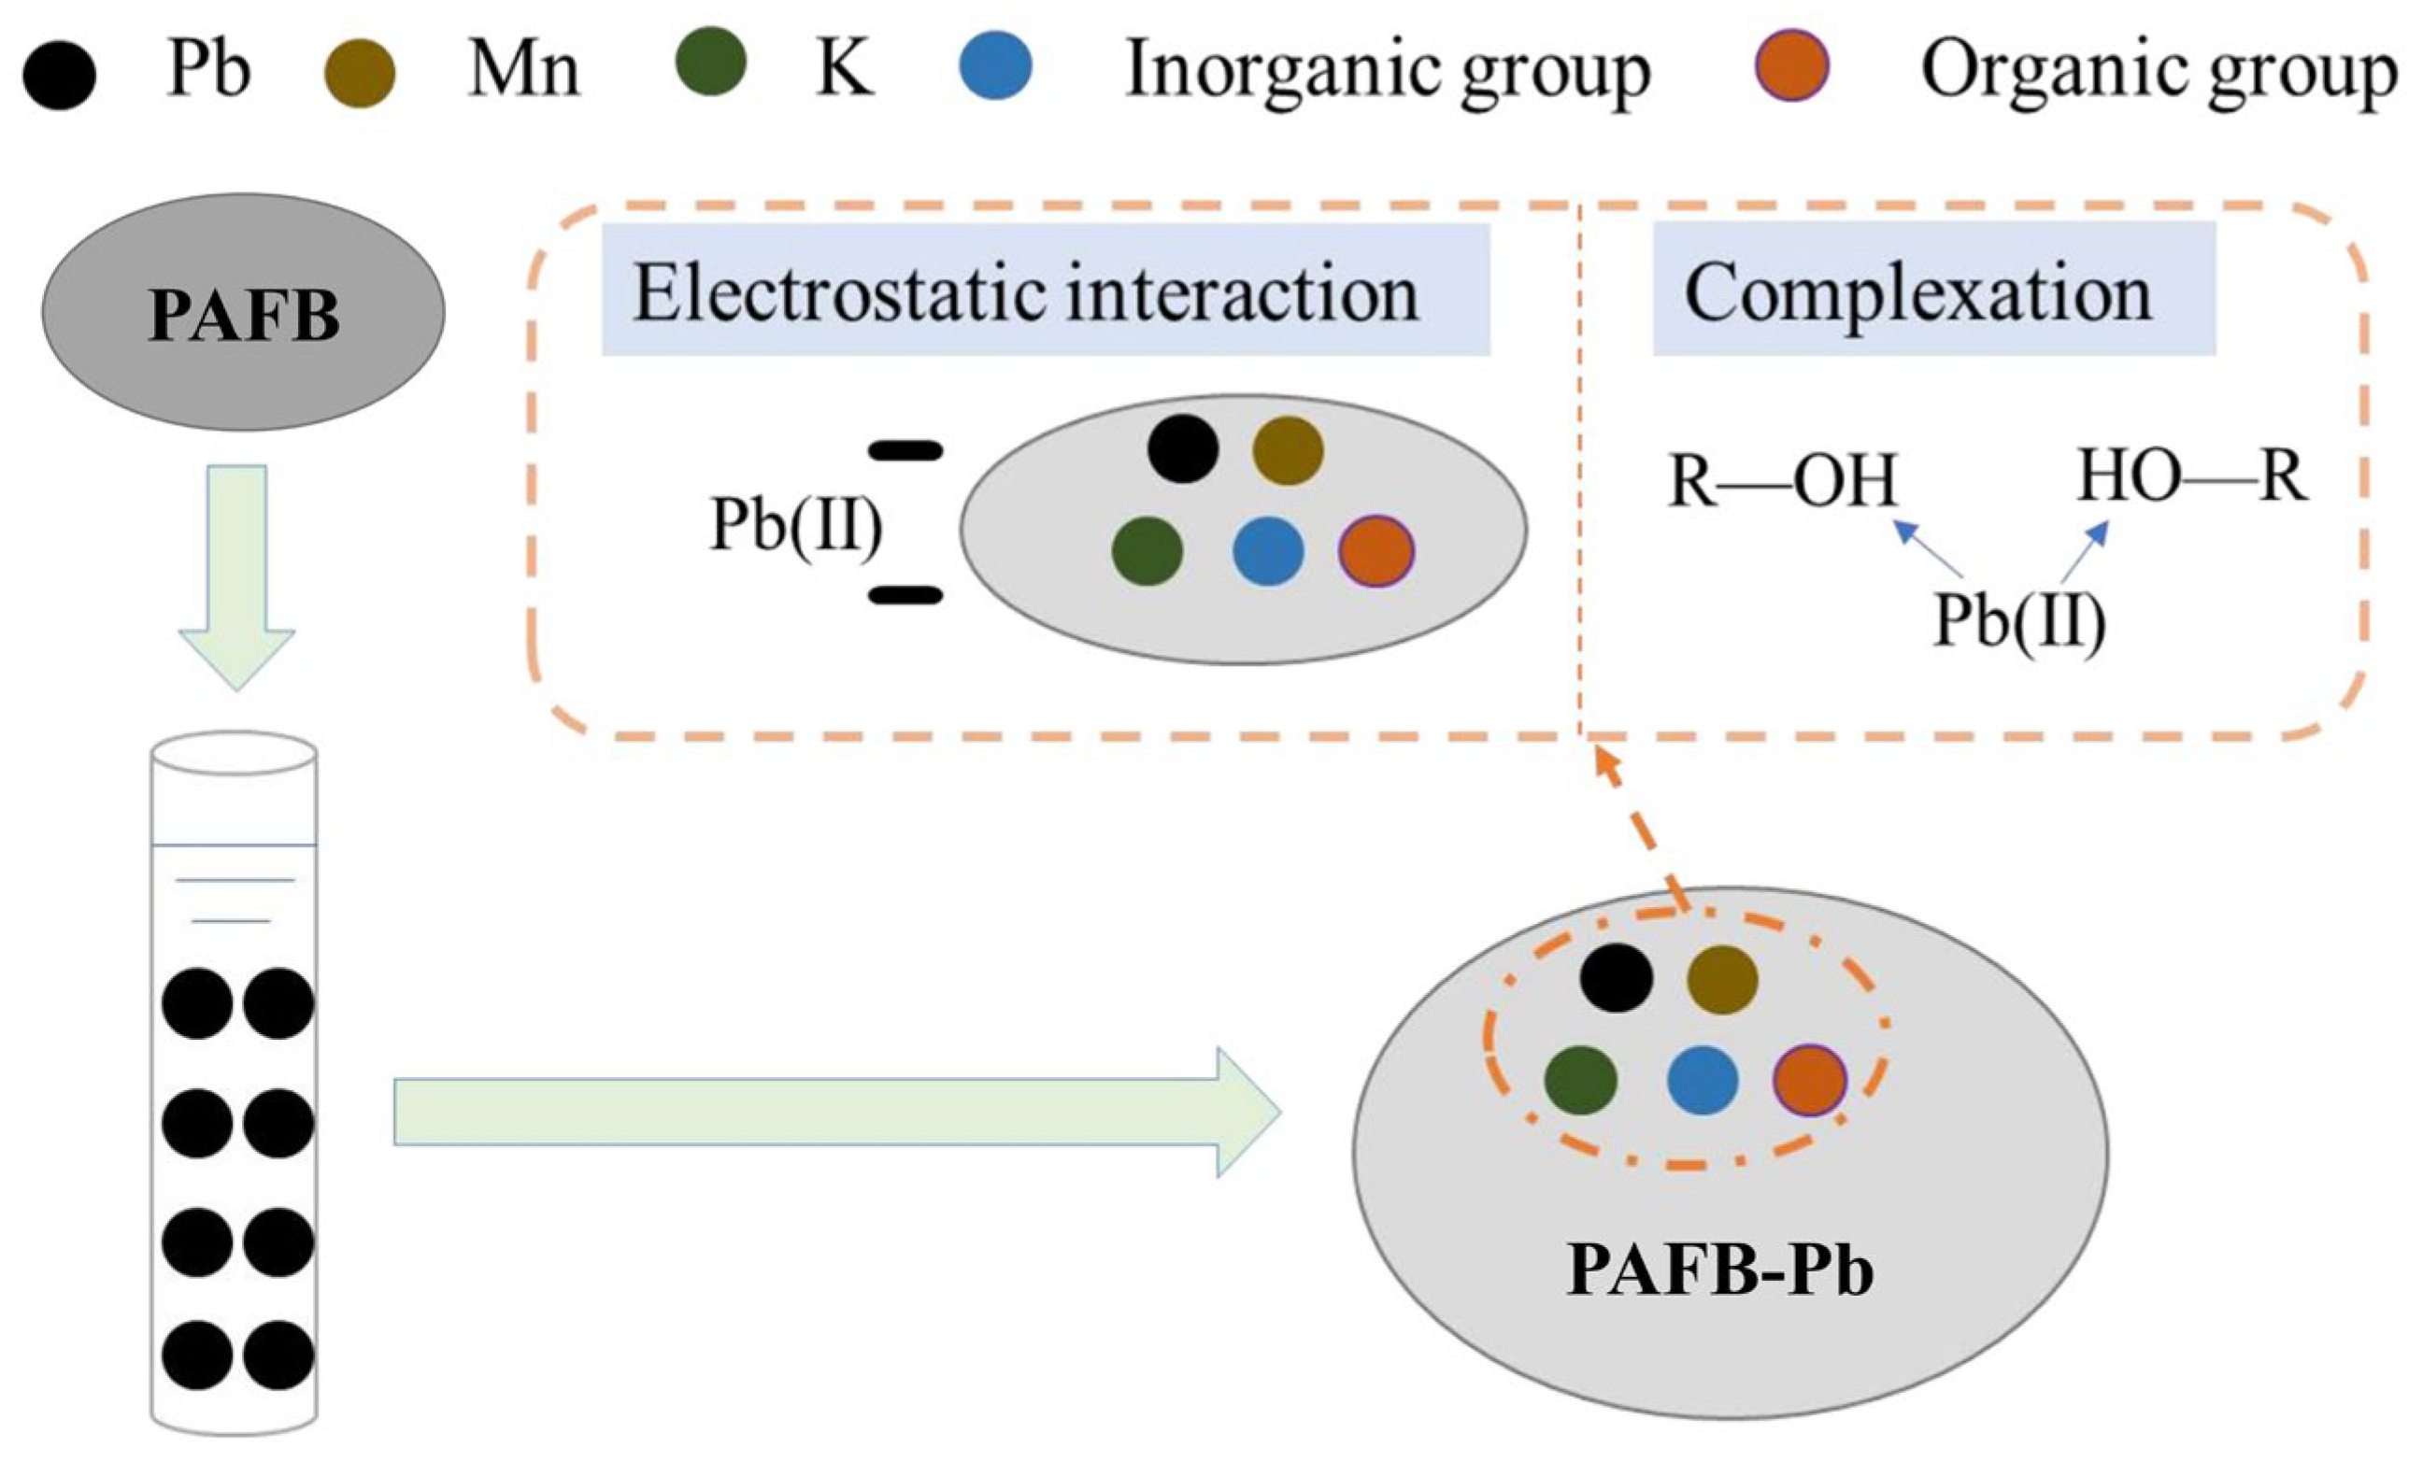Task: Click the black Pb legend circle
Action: pyautogui.click(x=59, y=74)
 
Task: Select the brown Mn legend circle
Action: pyautogui.click(x=359, y=73)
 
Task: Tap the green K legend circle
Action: pyautogui.click(x=711, y=61)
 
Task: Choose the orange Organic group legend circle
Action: pyautogui.click(x=1791, y=66)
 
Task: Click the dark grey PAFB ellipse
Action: pyautogui.click(x=243, y=312)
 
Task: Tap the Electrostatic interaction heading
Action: pyautogui.click(x=1026, y=293)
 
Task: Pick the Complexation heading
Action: pyautogui.click(x=1918, y=293)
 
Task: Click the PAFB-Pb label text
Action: pyautogui.click(x=1720, y=1270)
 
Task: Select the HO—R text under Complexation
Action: pyautogui.click(x=2192, y=476)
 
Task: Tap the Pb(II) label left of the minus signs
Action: pyautogui.click(x=796, y=525)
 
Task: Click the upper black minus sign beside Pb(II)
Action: pyautogui.click(x=905, y=451)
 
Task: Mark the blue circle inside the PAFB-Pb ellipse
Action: pyautogui.click(x=1703, y=1080)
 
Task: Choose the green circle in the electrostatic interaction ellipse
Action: pyautogui.click(x=1147, y=550)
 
